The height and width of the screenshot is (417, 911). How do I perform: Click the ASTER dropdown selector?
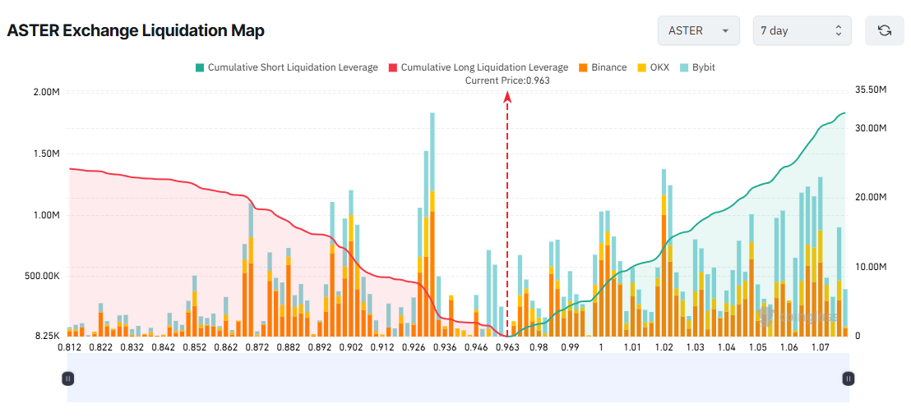click(x=698, y=30)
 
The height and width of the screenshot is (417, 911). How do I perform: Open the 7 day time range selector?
click(x=802, y=30)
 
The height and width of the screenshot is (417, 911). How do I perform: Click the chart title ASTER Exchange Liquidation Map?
click(x=136, y=31)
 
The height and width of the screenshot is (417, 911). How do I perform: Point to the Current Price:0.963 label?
click(x=507, y=80)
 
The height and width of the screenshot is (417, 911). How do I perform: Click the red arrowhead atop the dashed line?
click(x=507, y=97)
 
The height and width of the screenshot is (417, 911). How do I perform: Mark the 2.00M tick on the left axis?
click(x=45, y=91)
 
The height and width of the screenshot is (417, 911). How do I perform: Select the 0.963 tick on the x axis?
click(x=507, y=348)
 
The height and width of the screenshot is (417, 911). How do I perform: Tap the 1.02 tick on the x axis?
click(x=664, y=348)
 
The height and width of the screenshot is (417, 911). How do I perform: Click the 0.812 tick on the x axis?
click(x=69, y=348)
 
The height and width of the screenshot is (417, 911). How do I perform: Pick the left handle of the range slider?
click(x=68, y=378)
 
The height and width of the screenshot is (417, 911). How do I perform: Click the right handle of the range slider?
click(x=849, y=378)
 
